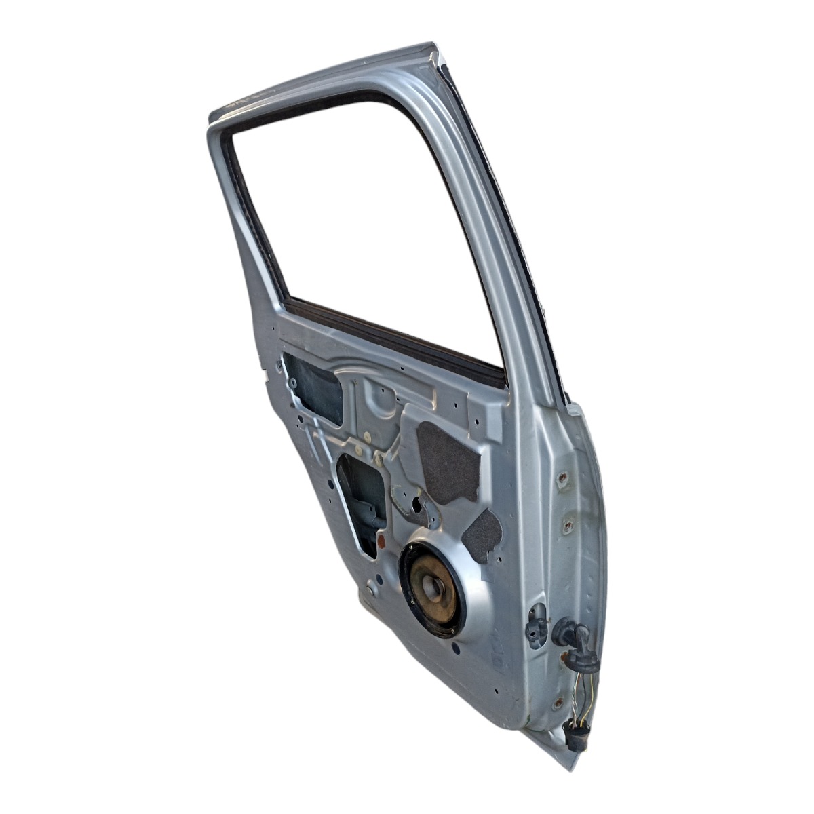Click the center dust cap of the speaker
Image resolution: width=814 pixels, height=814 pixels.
tap(433, 587)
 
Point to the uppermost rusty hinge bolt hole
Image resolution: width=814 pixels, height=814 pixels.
tap(562, 479)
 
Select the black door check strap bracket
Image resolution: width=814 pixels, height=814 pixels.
tap(536, 623)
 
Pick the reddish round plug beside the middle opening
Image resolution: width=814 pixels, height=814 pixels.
tap(381, 541)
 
